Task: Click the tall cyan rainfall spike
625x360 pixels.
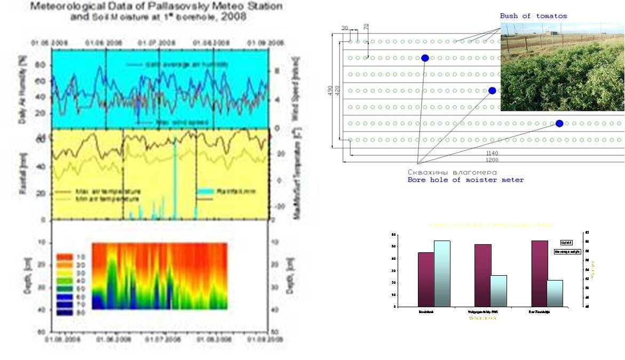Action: pos(175,176)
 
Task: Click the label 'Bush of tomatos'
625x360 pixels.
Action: pos(533,16)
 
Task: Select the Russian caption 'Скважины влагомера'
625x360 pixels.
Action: pos(452,172)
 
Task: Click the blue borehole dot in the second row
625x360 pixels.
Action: pos(425,58)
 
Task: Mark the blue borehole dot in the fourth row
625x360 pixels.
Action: pos(492,91)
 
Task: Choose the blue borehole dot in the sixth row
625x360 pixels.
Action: pos(559,123)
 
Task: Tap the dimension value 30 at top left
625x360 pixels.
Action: pos(345,28)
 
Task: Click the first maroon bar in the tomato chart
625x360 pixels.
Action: pos(426,279)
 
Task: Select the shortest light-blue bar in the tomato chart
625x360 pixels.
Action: pos(555,293)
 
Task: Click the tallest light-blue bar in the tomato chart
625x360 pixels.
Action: pos(442,273)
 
